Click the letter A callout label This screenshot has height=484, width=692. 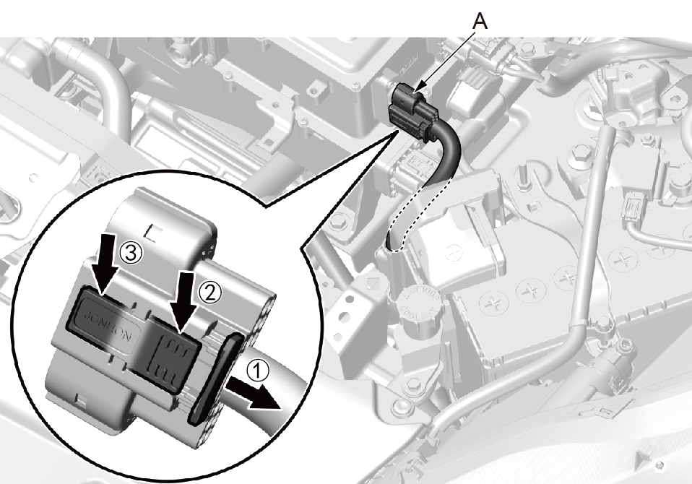480,22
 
